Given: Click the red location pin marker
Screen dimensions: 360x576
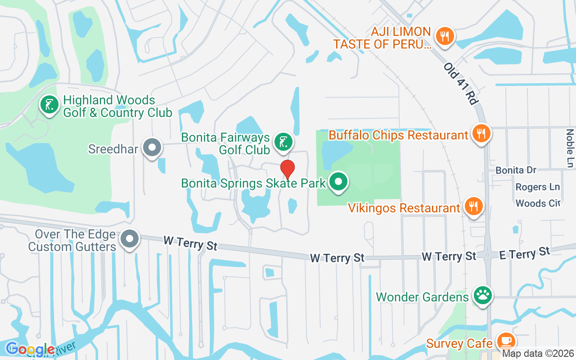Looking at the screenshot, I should (x=288, y=169).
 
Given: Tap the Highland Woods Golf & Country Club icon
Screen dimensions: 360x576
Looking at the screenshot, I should (x=49, y=105).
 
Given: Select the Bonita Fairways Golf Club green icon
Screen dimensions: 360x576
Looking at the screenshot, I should (x=283, y=142).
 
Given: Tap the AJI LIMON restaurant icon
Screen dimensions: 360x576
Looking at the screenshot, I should (x=445, y=36).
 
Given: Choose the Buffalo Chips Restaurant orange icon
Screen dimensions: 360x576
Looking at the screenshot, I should (x=481, y=133).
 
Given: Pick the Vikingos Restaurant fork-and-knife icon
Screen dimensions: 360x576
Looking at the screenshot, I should (x=472, y=207).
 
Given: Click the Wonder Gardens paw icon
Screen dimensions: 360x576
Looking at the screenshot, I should (x=483, y=296).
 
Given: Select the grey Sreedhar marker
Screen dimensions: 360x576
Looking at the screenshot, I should (x=152, y=148).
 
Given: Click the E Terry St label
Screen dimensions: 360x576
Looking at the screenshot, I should (x=525, y=253).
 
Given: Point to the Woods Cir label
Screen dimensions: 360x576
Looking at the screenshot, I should (x=538, y=203).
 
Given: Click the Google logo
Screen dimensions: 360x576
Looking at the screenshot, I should (x=30, y=349).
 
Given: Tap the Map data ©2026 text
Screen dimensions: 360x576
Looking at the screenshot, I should (x=538, y=354).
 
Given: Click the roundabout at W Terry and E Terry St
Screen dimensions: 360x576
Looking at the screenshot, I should (x=487, y=255).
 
